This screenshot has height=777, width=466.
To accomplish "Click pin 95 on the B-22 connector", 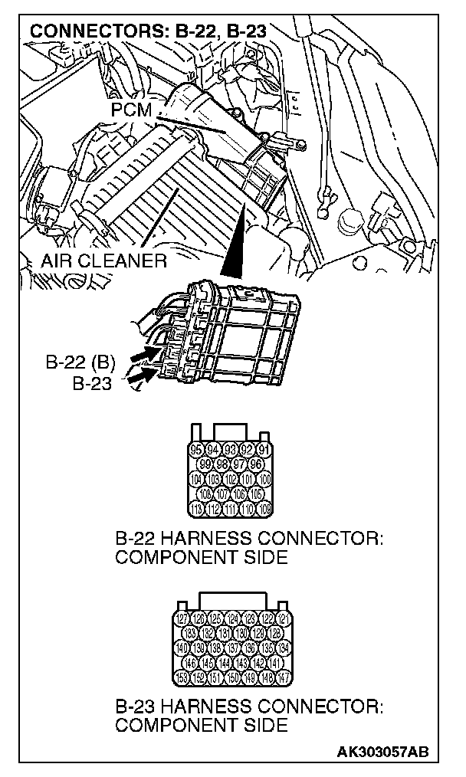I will pyautogui.click(x=196, y=449).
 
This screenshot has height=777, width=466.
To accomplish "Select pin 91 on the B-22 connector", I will pyautogui.click(x=264, y=449).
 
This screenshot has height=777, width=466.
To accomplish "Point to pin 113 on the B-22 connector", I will pyautogui.click(x=196, y=509).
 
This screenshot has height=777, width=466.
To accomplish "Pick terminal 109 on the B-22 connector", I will pyautogui.click(x=264, y=509).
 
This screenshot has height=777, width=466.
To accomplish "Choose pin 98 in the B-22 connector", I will pyautogui.click(x=222, y=464).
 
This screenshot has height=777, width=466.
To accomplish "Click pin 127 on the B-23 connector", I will pyautogui.click(x=182, y=619).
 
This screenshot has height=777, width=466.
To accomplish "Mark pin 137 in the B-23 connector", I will pyautogui.click(x=232, y=648).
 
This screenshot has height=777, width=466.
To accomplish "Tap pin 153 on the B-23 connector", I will pyautogui.click(x=182, y=677).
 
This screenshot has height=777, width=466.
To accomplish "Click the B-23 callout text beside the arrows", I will pyautogui.click(x=92, y=382).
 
